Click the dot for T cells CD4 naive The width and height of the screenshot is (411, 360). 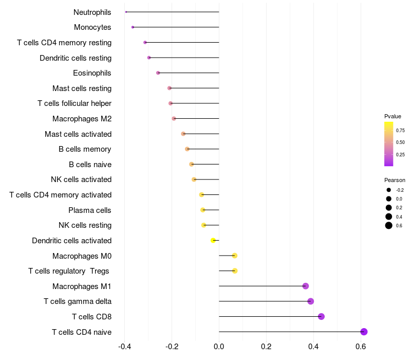pos(364,332)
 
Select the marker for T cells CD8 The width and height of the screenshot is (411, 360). pos(321,316)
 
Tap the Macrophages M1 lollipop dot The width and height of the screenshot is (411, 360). pos(306,286)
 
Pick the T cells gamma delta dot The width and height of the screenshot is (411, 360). pos(310,301)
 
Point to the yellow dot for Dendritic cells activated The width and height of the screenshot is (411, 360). pos(213,240)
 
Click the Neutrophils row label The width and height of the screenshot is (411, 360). pos(92,12)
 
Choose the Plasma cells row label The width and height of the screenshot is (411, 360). pos(90,210)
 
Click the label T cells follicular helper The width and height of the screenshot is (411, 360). pos(74,103)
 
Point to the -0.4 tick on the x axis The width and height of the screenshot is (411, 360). pos(124,347)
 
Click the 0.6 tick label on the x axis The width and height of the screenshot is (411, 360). pos(361,347)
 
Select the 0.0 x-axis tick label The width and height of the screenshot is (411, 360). pos(219,347)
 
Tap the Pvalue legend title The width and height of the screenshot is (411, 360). pos(393,116)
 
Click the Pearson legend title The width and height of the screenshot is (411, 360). pos(395,180)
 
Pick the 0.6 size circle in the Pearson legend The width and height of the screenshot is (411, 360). pos(389,225)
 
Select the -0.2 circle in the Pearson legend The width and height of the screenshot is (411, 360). pos(389,190)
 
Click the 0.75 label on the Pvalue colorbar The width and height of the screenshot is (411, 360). pos(400,130)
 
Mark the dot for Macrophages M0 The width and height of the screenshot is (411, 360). pos(235,256)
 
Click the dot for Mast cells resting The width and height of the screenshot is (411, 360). pos(170,88)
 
